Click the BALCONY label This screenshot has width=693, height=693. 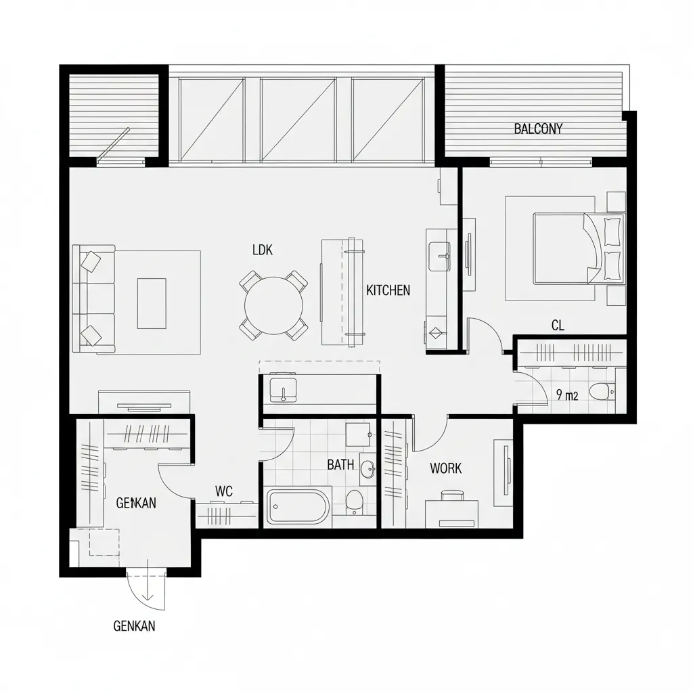tap(538, 129)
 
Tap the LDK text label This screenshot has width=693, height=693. tap(263, 250)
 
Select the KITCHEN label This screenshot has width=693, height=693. tap(388, 290)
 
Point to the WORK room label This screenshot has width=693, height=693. tap(445, 468)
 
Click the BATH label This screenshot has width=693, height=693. tap(340, 464)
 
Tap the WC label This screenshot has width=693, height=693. tap(223, 491)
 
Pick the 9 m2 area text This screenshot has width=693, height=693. tap(567, 395)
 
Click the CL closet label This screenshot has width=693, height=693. tap(558, 326)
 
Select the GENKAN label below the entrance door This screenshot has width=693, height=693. tap(135, 626)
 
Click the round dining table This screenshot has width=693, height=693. tap(274, 305)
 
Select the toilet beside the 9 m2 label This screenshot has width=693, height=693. tap(602, 391)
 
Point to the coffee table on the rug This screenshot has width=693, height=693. tap(152, 303)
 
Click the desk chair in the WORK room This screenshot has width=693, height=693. tap(452, 495)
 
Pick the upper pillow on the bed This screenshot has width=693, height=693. tap(612, 231)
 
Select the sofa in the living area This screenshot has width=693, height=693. tap(93, 298)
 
